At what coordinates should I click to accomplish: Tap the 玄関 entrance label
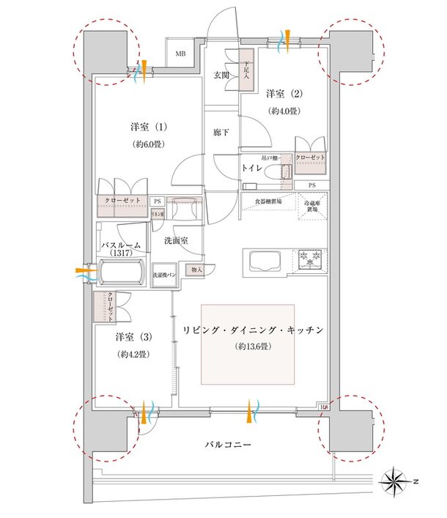tap(222, 75)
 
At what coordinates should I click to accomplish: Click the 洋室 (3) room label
tap(133, 338)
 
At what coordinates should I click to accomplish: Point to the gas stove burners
tap(311, 259)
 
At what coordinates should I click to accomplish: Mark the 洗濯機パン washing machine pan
tap(163, 274)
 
